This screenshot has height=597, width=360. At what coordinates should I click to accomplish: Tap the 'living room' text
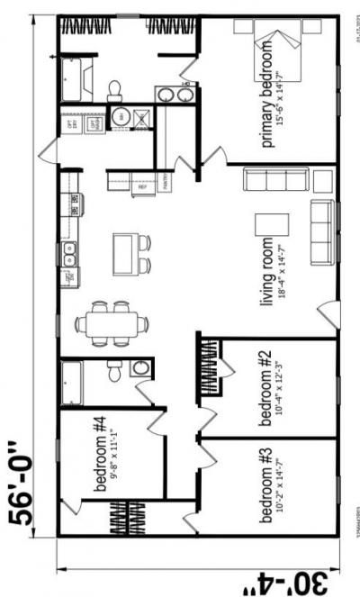[x=266, y=270]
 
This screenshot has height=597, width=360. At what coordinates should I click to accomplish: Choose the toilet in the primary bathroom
[x=115, y=88]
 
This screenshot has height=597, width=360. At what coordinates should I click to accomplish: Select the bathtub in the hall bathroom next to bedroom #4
[x=71, y=384]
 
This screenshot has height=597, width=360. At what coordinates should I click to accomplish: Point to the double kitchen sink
[x=68, y=254]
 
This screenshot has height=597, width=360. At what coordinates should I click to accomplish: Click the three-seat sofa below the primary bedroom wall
[x=268, y=180]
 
